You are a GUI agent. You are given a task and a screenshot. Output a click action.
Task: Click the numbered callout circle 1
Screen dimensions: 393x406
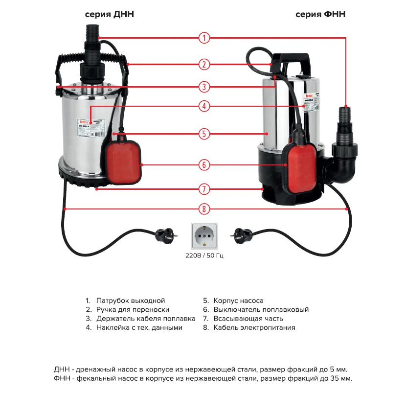click(x=204, y=38)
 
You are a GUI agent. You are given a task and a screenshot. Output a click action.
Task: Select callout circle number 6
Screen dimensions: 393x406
click(x=204, y=165)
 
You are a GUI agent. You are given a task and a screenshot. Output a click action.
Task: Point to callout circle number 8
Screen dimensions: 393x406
click(x=204, y=209)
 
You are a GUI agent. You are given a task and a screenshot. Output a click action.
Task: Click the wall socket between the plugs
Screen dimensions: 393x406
click(x=203, y=236)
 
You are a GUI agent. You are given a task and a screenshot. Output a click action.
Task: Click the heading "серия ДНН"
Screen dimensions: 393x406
click(x=110, y=15)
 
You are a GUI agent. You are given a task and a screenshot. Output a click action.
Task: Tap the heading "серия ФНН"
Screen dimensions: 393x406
click(x=320, y=15)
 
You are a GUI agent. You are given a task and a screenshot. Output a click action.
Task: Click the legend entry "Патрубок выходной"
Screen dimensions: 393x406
click(x=131, y=301)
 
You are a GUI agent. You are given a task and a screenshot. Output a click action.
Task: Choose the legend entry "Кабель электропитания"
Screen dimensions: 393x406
click(x=254, y=327)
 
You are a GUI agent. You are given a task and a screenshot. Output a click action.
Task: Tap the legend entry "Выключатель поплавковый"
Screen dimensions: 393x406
click(x=261, y=309)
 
